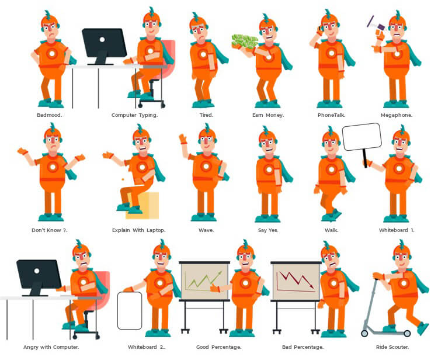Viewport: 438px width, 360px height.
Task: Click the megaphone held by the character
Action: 376,25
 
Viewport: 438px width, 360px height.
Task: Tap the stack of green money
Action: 245,42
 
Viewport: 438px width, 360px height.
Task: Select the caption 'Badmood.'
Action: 50,115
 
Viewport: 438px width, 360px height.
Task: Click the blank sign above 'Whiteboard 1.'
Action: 362,137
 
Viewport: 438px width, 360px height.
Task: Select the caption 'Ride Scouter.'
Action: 392,347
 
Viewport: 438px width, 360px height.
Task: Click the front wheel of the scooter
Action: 364,333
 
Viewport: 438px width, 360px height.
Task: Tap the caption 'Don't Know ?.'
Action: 50,230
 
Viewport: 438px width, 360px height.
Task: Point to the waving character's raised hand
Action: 183,139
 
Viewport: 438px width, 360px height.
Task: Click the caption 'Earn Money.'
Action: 268,115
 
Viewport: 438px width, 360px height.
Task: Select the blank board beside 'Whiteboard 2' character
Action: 130,311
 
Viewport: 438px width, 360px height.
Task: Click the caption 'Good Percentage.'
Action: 219,347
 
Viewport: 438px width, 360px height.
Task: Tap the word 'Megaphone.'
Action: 397,115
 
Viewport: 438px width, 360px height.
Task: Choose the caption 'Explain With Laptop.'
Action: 139,230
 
